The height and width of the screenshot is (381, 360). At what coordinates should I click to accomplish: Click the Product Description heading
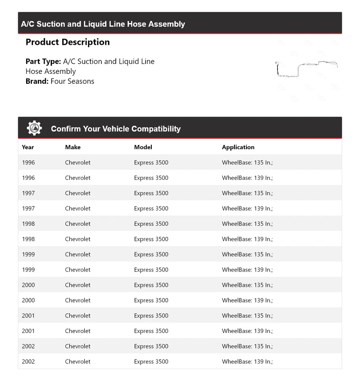(x=68, y=42)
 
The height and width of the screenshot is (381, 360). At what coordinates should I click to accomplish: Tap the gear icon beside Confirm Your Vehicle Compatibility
(x=34, y=128)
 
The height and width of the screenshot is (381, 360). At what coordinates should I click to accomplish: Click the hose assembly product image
(x=306, y=69)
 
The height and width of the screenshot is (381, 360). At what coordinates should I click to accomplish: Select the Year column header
(x=28, y=147)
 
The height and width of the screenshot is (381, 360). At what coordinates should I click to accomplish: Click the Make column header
(x=73, y=147)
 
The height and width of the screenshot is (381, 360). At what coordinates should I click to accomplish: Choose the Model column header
(x=143, y=147)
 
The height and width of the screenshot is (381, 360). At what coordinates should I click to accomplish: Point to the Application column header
(x=238, y=147)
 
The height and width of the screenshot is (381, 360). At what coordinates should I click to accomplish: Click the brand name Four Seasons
(x=73, y=81)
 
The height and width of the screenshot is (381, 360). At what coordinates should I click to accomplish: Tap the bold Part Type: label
(x=43, y=62)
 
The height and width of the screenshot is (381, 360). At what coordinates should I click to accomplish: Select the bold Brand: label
(x=37, y=81)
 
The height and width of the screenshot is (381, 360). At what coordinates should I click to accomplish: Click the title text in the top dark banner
(x=103, y=24)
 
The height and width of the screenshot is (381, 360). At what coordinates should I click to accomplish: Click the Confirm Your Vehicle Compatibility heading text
(x=116, y=129)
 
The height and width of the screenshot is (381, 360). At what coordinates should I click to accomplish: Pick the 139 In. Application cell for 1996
(x=247, y=178)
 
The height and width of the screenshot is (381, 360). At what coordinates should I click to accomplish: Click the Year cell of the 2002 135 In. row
(x=29, y=346)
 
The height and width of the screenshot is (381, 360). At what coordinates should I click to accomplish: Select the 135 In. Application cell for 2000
(x=247, y=285)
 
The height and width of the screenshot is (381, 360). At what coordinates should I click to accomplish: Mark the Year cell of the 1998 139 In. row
(x=29, y=239)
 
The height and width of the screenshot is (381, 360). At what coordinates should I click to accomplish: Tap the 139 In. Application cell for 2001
(x=247, y=331)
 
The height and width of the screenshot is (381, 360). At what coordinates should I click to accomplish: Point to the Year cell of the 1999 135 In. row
(x=29, y=254)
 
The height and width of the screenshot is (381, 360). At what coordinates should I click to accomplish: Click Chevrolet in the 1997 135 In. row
(x=78, y=193)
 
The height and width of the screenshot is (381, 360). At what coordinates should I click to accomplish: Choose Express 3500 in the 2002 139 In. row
(x=151, y=362)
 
